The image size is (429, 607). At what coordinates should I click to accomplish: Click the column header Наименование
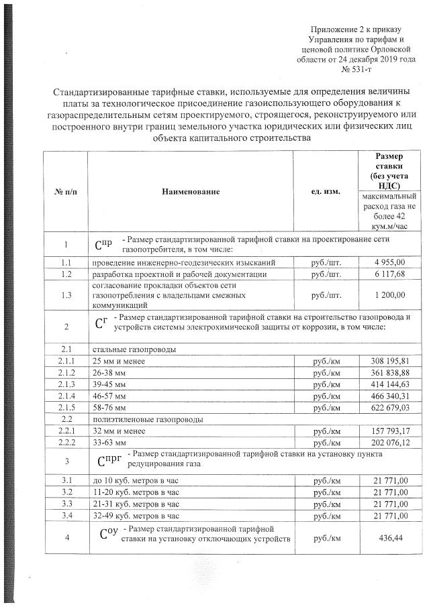[x=191, y=192]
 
